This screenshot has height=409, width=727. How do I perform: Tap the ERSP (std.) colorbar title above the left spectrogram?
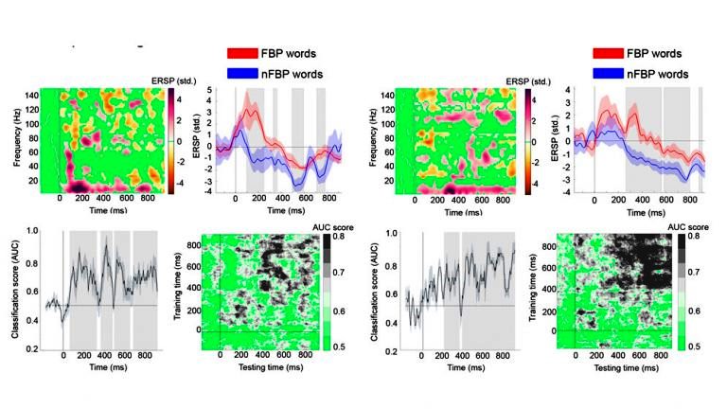pos(152,81)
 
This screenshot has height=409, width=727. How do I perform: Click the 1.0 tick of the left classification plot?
pos(33,230)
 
